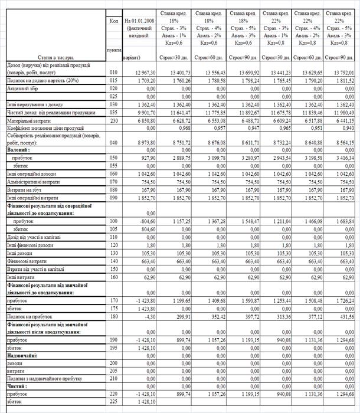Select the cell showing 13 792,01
tap(343, 71)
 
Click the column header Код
tap(114, 21)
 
